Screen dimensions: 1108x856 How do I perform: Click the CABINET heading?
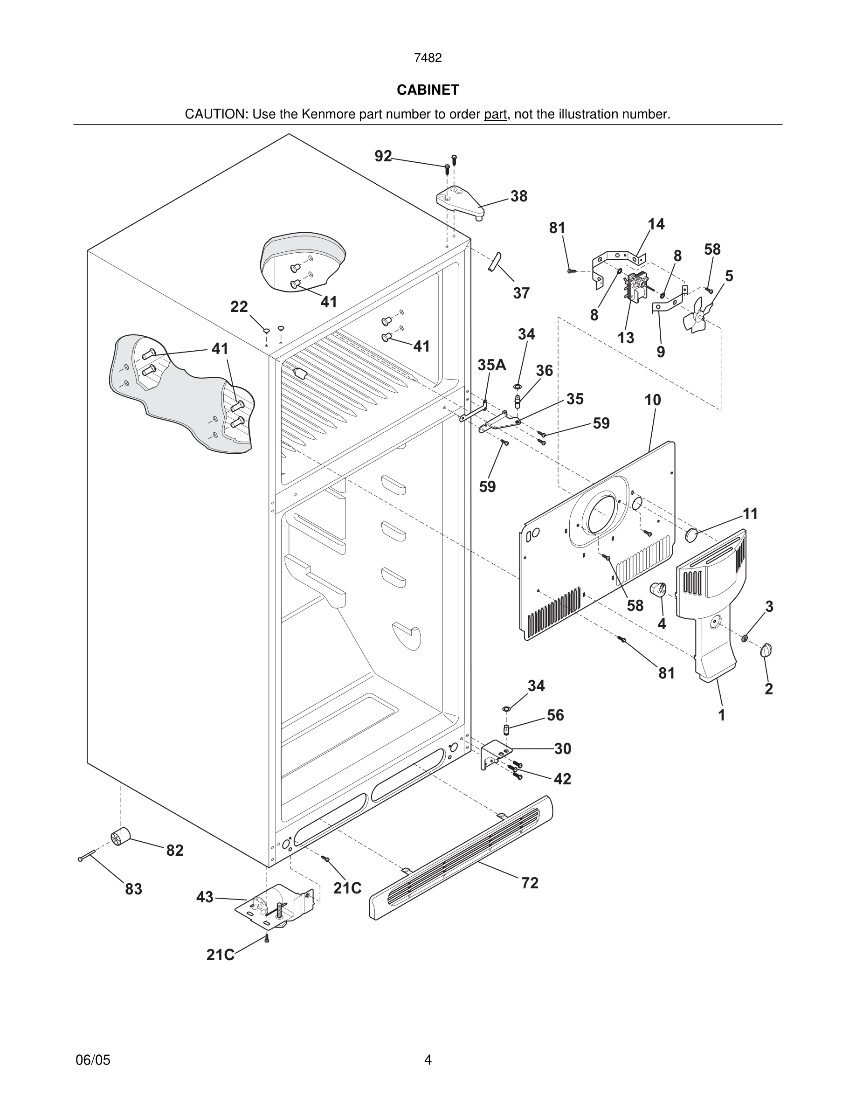pos(428,90)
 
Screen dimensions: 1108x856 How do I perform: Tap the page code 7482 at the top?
pos(428,58)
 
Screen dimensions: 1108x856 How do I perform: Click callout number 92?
pos(383,156)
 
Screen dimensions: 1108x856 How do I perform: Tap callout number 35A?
pos(491,365)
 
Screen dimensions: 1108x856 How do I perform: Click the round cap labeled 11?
pos(692,535)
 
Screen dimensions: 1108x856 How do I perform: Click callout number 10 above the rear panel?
pos(653,400)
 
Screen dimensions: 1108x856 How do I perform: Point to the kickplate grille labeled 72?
pos(462,858)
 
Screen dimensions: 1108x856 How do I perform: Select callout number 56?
pos(555,715)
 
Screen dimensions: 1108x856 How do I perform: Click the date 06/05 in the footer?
pos(93,1060)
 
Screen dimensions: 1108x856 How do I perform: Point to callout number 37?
pos(521,293)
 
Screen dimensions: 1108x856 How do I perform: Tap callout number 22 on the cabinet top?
pos(239,306)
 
